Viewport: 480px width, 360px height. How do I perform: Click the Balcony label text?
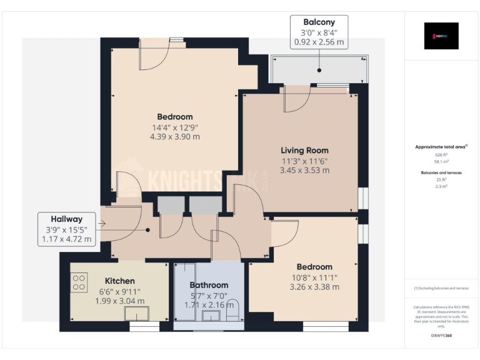(319, 22)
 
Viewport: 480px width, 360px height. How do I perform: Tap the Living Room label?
(304, 150)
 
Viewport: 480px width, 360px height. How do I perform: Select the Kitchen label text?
(119, 281)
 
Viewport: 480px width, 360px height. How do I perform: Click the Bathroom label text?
(209, 285)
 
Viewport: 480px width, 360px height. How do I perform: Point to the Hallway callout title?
(67, 219)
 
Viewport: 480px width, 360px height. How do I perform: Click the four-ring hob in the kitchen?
(79, 283)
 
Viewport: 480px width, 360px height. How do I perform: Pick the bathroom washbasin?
(212, 316)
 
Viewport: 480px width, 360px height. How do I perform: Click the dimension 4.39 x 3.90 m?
(174, 137)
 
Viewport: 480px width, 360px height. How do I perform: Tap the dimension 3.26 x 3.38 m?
(314, 287)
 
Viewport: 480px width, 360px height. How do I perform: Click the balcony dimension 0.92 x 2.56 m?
(319, 42)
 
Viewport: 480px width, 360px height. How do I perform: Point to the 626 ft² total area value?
(441, 154)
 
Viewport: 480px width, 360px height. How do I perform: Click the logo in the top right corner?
(441, 36)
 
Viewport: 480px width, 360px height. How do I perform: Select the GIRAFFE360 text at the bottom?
(441, 336)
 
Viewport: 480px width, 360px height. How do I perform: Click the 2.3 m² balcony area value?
(441, 186)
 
